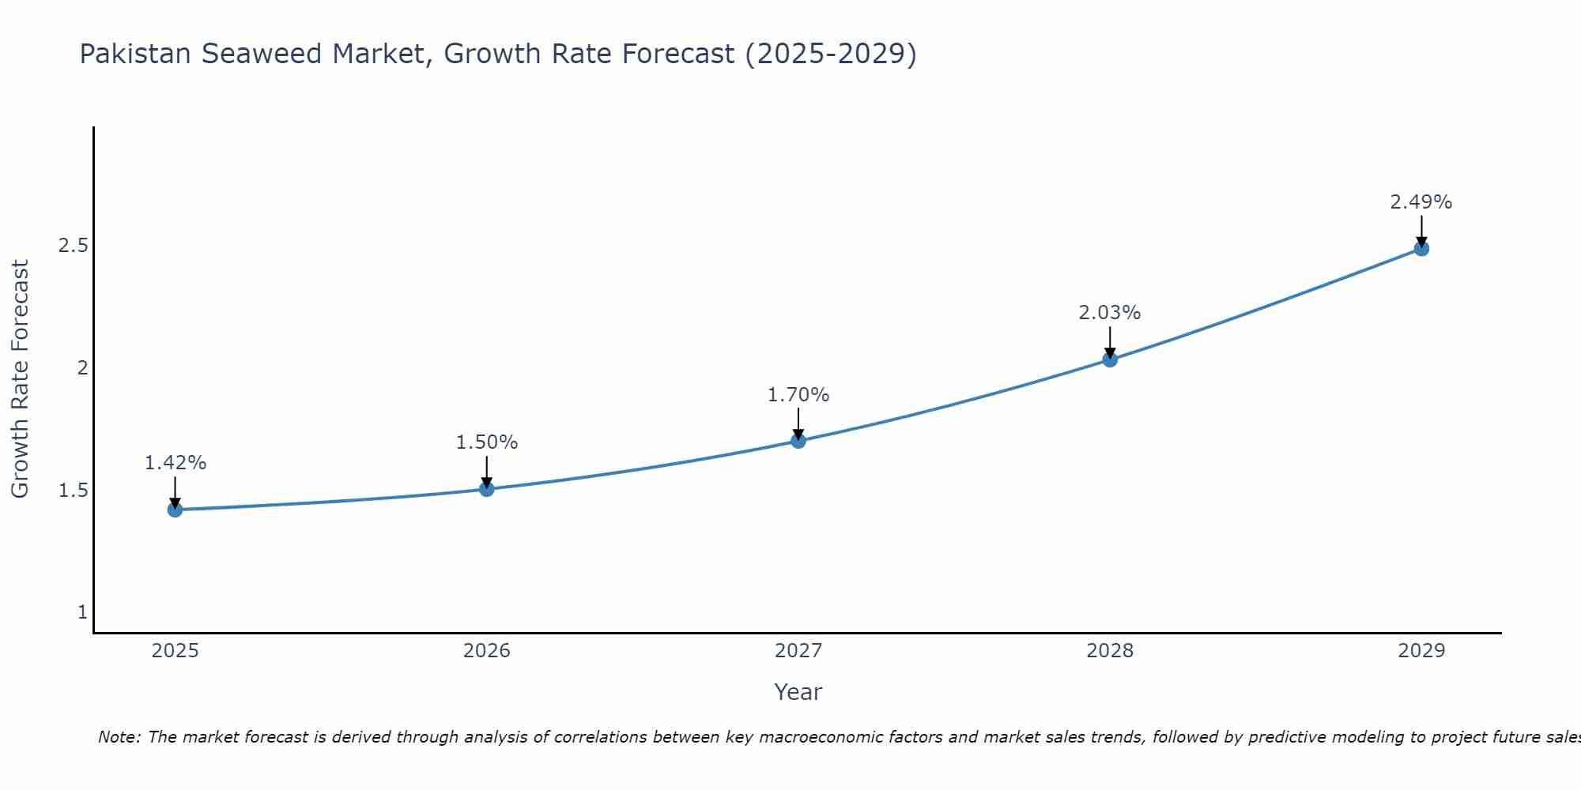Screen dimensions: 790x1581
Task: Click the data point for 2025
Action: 175,510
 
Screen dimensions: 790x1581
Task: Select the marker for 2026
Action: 487,489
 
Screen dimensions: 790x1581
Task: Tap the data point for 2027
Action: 798,441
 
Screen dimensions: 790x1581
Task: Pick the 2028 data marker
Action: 1110,359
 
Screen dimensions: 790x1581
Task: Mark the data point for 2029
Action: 1421,249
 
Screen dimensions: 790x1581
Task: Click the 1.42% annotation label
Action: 175,463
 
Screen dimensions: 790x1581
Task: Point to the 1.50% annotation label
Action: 487,442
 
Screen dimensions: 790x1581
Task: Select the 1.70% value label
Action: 798,395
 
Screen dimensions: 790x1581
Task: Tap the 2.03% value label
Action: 1110,313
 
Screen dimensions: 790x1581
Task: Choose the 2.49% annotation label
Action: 1421,202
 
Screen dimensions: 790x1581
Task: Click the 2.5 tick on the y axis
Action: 74,246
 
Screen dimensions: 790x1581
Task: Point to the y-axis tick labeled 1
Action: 83,612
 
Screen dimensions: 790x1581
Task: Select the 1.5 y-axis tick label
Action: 74,491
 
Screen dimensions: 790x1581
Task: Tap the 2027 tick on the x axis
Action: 798,651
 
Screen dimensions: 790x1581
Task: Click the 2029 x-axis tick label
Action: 1421,651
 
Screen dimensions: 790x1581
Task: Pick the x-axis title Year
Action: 798,692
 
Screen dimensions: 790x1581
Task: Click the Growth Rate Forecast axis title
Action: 20,379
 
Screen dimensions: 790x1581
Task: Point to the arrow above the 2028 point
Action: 1110,342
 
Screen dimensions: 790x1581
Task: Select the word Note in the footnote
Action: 119,737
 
